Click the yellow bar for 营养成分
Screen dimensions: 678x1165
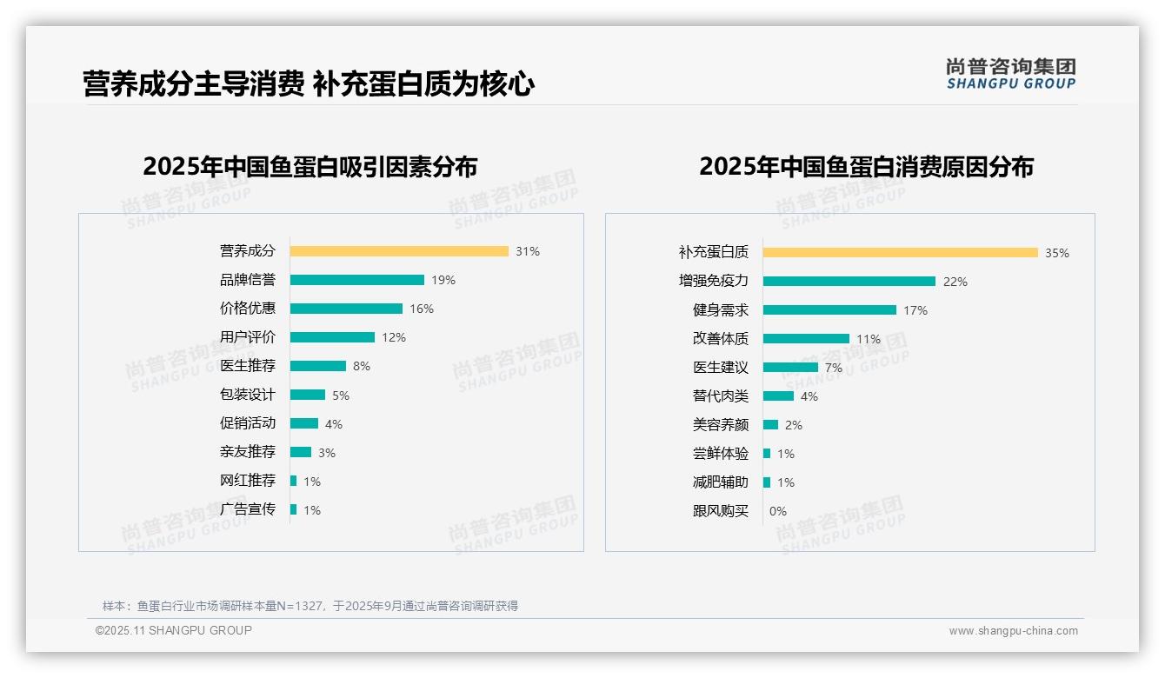point(399,251)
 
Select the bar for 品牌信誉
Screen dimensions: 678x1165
point(357,280)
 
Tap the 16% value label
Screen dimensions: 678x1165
point(422,309)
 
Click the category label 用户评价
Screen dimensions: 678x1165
point(247,337)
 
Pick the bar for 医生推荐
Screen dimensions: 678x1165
point(318,366)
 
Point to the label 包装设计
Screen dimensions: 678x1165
point(247,395)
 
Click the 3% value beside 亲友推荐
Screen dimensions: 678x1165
point(326,453)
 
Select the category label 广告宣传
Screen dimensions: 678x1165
point(247,509)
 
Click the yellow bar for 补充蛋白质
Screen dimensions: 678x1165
point(901,253)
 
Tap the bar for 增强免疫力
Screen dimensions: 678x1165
point(849,282)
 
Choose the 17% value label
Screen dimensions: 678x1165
point(915,310)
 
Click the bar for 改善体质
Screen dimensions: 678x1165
point(806,339)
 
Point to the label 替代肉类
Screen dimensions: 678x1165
point(720,396)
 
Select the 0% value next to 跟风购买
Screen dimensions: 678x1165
point(777,511)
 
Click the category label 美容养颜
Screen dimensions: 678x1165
point(720,425)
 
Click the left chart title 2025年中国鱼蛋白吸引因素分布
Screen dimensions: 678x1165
point(310,167)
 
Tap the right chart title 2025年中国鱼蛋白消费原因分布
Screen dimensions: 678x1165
point(866,167)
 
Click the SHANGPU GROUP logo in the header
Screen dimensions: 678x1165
point(1011,74)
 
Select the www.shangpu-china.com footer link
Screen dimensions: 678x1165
point(1013,631)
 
